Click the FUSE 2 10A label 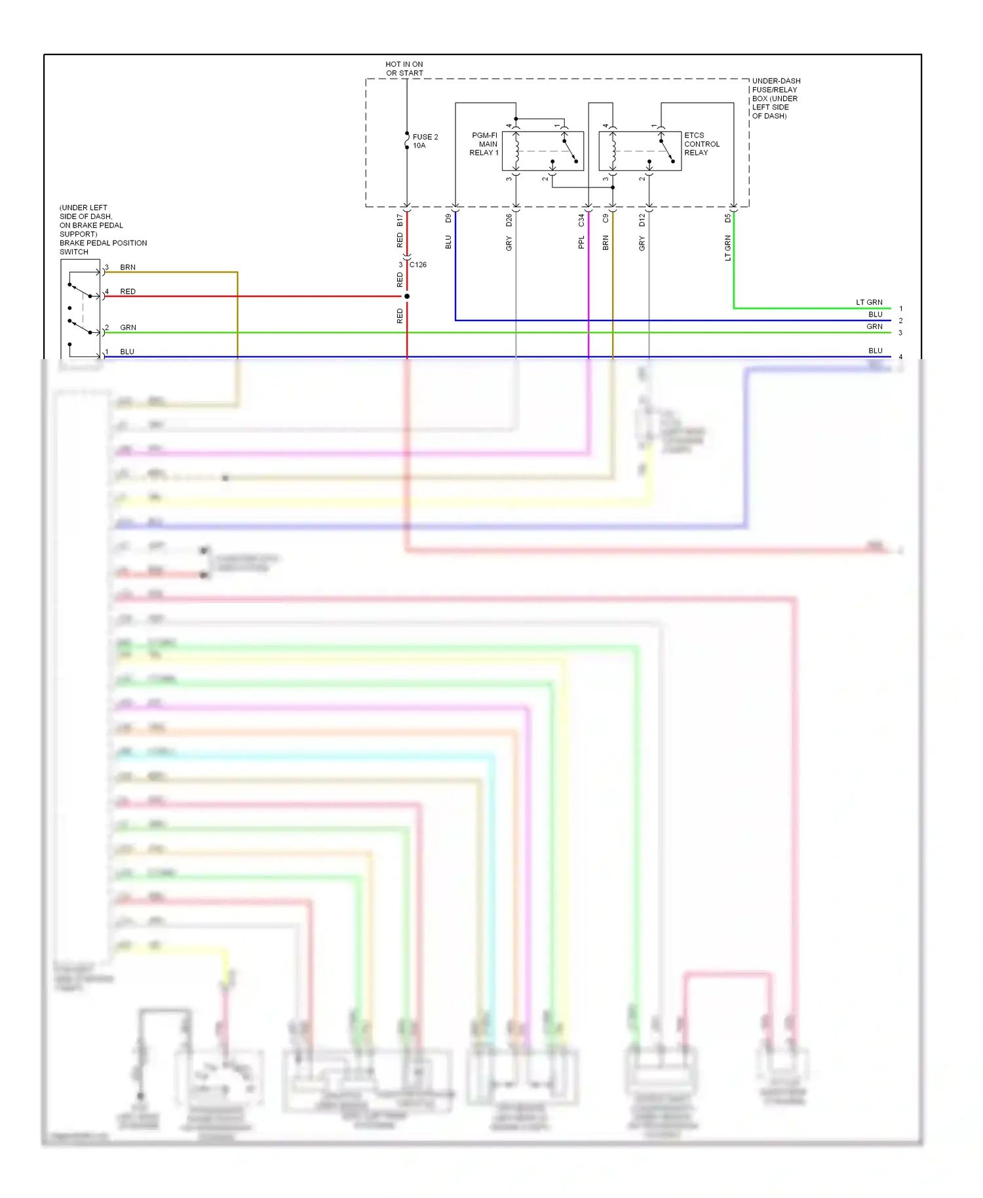425,141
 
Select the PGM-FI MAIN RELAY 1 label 484,144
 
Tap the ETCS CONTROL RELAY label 701,144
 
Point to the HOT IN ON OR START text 404,69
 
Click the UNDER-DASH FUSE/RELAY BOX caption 775,98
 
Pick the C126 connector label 418,265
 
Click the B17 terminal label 400,220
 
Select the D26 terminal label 509,220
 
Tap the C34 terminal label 581,220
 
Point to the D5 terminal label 727,218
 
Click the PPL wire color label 581,242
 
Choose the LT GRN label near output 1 869,302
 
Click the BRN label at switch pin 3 128,267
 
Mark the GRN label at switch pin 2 128,328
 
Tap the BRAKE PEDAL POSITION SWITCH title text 103,247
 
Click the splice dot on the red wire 407,296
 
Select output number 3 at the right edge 900,333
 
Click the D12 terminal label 642,220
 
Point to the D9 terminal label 449,218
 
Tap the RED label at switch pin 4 128,292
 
